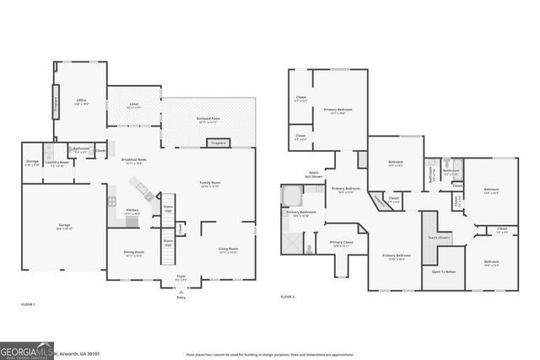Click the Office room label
[x=81, y=103]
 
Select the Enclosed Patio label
[x=207, y=121]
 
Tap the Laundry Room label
[x=59, y=164]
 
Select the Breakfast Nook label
[x=133, y=160]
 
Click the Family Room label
[x=209, y=184]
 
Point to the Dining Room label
[x=134, y=252]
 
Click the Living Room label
[x=229, y=250]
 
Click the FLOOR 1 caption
[x=30, y=303]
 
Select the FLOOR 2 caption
[x=289, y=297]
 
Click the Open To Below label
[x=444, y=272]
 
